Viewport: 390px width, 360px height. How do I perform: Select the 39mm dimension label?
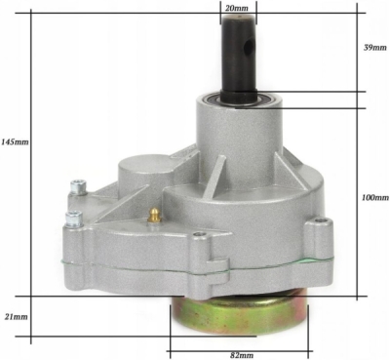pos(375,48)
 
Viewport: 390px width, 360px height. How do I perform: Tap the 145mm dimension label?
pos(15,141)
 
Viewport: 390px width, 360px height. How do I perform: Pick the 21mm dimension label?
pos(16,316)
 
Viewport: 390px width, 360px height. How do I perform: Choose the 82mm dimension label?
pos(242,355)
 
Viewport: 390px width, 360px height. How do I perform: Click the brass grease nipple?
pos(154,216)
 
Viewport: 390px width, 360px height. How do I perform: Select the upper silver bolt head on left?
pos(78,187)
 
